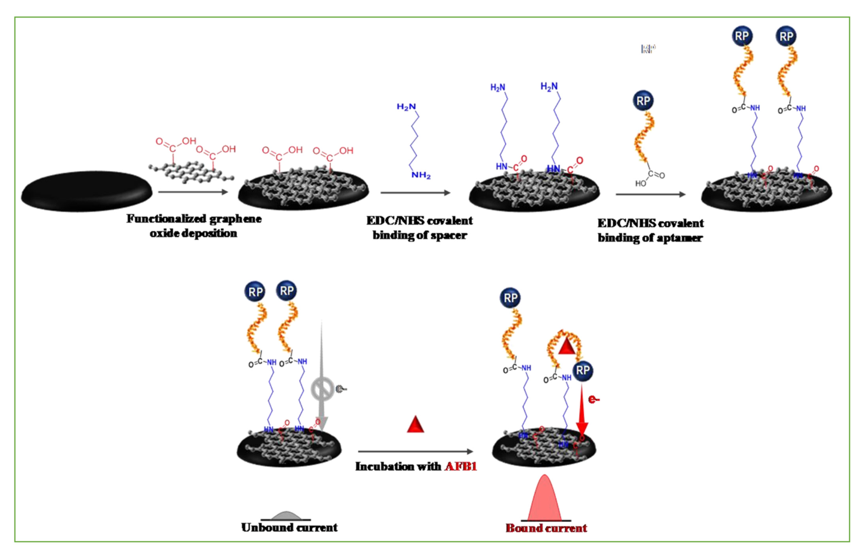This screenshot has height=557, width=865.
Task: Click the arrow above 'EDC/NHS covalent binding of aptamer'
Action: click(x=650, y=195)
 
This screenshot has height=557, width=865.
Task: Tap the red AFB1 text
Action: click(x=460, y=466)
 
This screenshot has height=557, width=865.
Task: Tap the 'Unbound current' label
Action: click(x=289, y=528)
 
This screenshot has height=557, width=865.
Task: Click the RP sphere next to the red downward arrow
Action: click(x=582, y=370)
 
